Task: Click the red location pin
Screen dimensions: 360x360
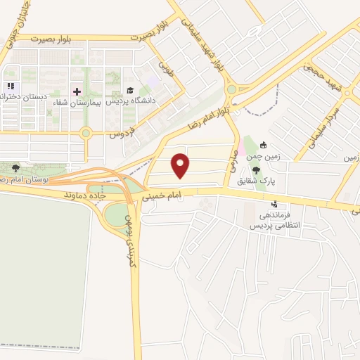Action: (181, 165)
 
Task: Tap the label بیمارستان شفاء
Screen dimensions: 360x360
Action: (77, 102)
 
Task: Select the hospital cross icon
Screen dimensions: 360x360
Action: (77, 91)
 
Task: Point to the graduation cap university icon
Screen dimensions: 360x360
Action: (129, 91)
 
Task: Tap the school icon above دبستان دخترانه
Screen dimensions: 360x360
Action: (10, 86)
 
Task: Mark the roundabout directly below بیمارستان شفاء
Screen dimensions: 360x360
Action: (86, 132)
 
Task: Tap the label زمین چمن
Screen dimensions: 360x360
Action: (266, 157)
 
